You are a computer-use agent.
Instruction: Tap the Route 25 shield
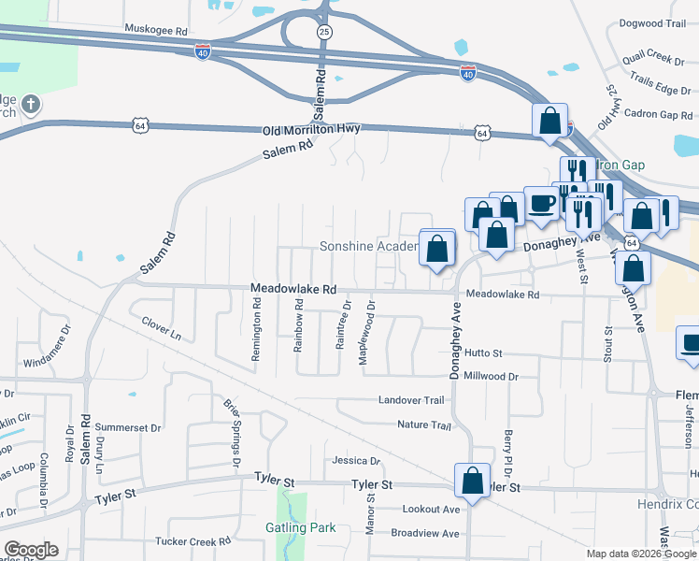324,32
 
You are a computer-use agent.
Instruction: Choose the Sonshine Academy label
368,246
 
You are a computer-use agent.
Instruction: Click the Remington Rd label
256,312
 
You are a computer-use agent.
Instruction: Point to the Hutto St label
484,353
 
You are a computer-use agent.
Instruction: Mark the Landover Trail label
410,400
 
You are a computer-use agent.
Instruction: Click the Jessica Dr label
356,461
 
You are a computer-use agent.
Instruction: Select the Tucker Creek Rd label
193,541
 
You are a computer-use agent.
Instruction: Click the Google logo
31,550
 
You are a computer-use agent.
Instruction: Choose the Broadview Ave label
425,533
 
